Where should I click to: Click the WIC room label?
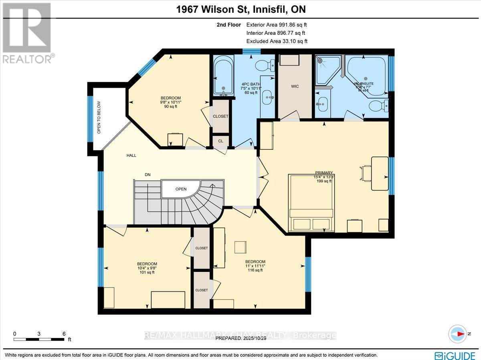tap(295, 86)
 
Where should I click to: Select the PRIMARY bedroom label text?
tap(324, 173)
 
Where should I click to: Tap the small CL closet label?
tap(220, 141)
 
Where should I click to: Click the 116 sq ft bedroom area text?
tap(255, 270)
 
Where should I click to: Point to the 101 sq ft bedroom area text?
tap(147, 272)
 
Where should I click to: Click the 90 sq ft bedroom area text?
tap(171, 107)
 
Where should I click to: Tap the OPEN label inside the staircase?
tap(181, 189)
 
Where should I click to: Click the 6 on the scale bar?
tap(64, 333)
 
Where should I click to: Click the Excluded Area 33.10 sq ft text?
tap(277, 41)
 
